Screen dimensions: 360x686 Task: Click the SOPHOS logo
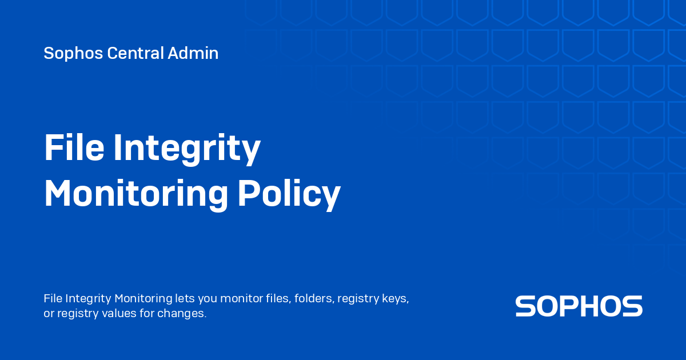pos(579,306)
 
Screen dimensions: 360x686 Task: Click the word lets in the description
pos(186,298)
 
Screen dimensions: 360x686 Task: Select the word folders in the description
pos(313,298)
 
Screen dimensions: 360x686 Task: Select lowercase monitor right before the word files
pos(241,298)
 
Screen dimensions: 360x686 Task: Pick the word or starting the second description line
pos(49,314)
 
